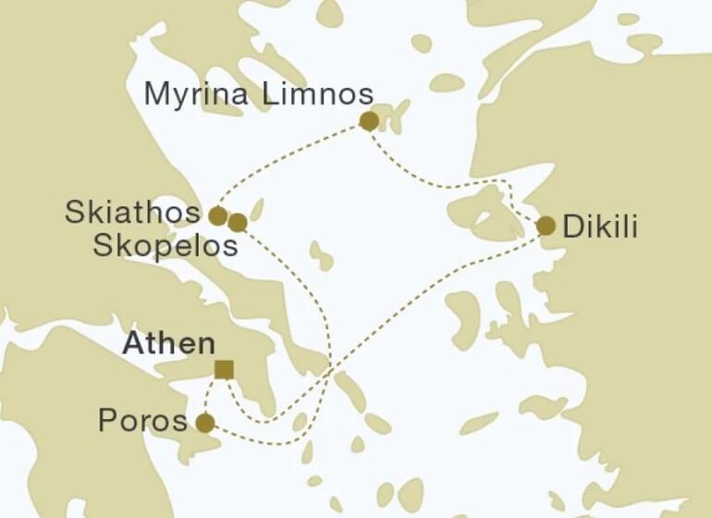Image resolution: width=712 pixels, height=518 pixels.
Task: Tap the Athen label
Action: [x=170, y=344]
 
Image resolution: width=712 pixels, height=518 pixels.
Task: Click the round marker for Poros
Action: [x=205, y=424]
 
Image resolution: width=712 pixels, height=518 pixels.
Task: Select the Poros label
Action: [x=142, y=423]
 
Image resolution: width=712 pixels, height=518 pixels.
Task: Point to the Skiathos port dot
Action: [x=217, y=216]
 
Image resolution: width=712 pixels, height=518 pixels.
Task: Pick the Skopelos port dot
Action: [x=238, y=223]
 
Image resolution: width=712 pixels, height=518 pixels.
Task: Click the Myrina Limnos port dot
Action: [x=369, y=121]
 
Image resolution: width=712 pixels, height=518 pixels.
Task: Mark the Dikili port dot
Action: [x=546, y=226]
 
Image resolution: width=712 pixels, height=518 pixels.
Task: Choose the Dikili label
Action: [x=600, y=227]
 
